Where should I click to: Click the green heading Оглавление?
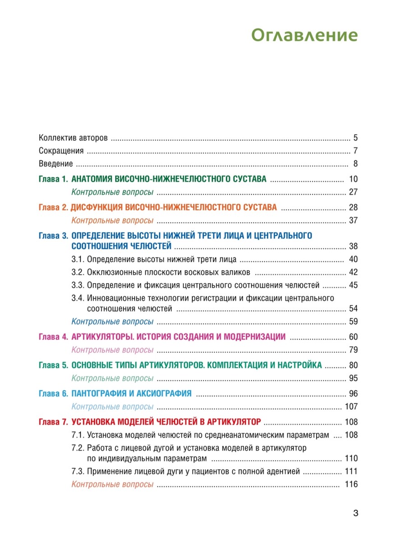pos(304,35)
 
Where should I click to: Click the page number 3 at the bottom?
pos(355,514)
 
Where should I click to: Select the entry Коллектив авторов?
pos(73,138)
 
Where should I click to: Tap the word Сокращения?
pos(61,151)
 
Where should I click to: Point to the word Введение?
pos(56,164)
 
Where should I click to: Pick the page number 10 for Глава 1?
pos(353,179)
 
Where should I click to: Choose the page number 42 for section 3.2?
pos(353,272)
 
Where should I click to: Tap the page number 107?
pos(351,406)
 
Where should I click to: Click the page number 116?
pos(351,485)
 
